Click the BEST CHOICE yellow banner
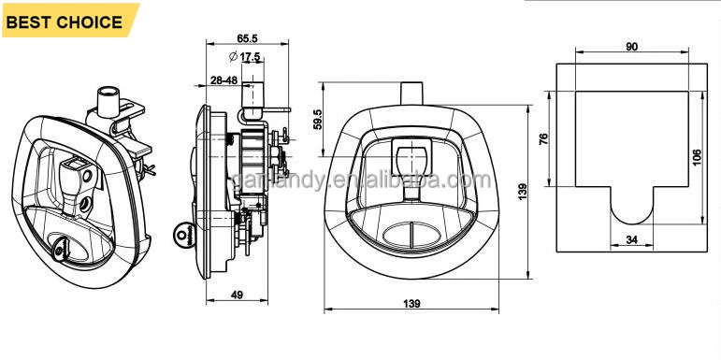[x=69, y=21]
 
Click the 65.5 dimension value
[x=247, y=38]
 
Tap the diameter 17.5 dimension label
[x=245, y=56]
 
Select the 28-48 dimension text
[x=224, y=80]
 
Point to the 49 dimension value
[x=237, y=295]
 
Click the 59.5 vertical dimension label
[x=318, y=120]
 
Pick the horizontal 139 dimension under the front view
[x=411, y=304]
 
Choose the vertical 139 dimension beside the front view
[x=522, y=192]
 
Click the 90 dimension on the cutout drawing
[x=632, y=47]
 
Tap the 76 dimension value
[x=543, y=138]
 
